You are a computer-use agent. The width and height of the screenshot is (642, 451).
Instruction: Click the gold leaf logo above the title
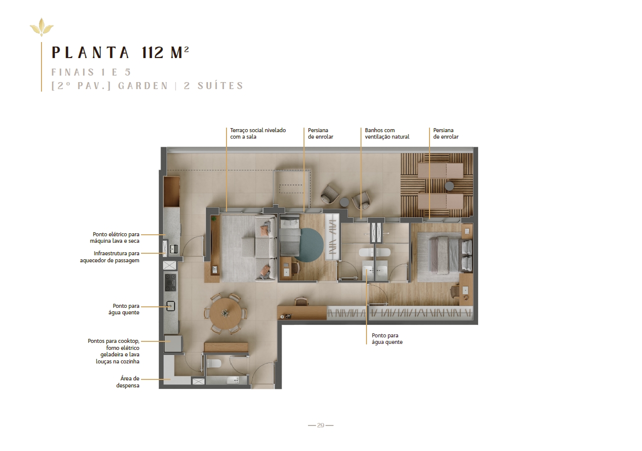point(41,27)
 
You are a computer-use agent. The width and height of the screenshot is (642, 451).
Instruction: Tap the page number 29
point(320,425)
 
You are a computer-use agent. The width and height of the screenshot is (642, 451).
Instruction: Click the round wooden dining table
point(225,313)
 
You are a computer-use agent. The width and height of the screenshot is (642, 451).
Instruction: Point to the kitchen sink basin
point(171,306)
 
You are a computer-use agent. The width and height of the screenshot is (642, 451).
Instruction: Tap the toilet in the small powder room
point(214,363)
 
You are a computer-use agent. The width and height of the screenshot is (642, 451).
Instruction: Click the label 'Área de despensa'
point(128,382)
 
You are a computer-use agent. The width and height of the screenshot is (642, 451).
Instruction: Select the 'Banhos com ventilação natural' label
point(387,134)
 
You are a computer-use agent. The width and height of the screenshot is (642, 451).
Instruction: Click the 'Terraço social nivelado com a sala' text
point(258,134)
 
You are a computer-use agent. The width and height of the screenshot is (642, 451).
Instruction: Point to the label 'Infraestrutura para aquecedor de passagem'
point(110,257)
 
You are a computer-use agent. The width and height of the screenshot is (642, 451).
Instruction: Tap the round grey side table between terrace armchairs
point(344,202)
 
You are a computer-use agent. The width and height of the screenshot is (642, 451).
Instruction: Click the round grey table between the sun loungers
point(449,186)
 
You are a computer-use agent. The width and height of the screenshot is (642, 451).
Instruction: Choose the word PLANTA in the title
point(90,53)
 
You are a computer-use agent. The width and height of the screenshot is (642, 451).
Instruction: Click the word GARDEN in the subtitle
point(143,86)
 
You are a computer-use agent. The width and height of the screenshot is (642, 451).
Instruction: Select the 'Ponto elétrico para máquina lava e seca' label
point(114,238)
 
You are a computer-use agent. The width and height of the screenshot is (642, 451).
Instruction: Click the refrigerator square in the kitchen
point(173,343)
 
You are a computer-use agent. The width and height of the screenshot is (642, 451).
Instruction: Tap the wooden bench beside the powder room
point(226,347)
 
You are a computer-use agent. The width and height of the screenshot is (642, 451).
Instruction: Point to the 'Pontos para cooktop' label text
point(113,341)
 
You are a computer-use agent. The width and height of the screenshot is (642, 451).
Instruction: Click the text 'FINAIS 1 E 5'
point(91,72)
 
